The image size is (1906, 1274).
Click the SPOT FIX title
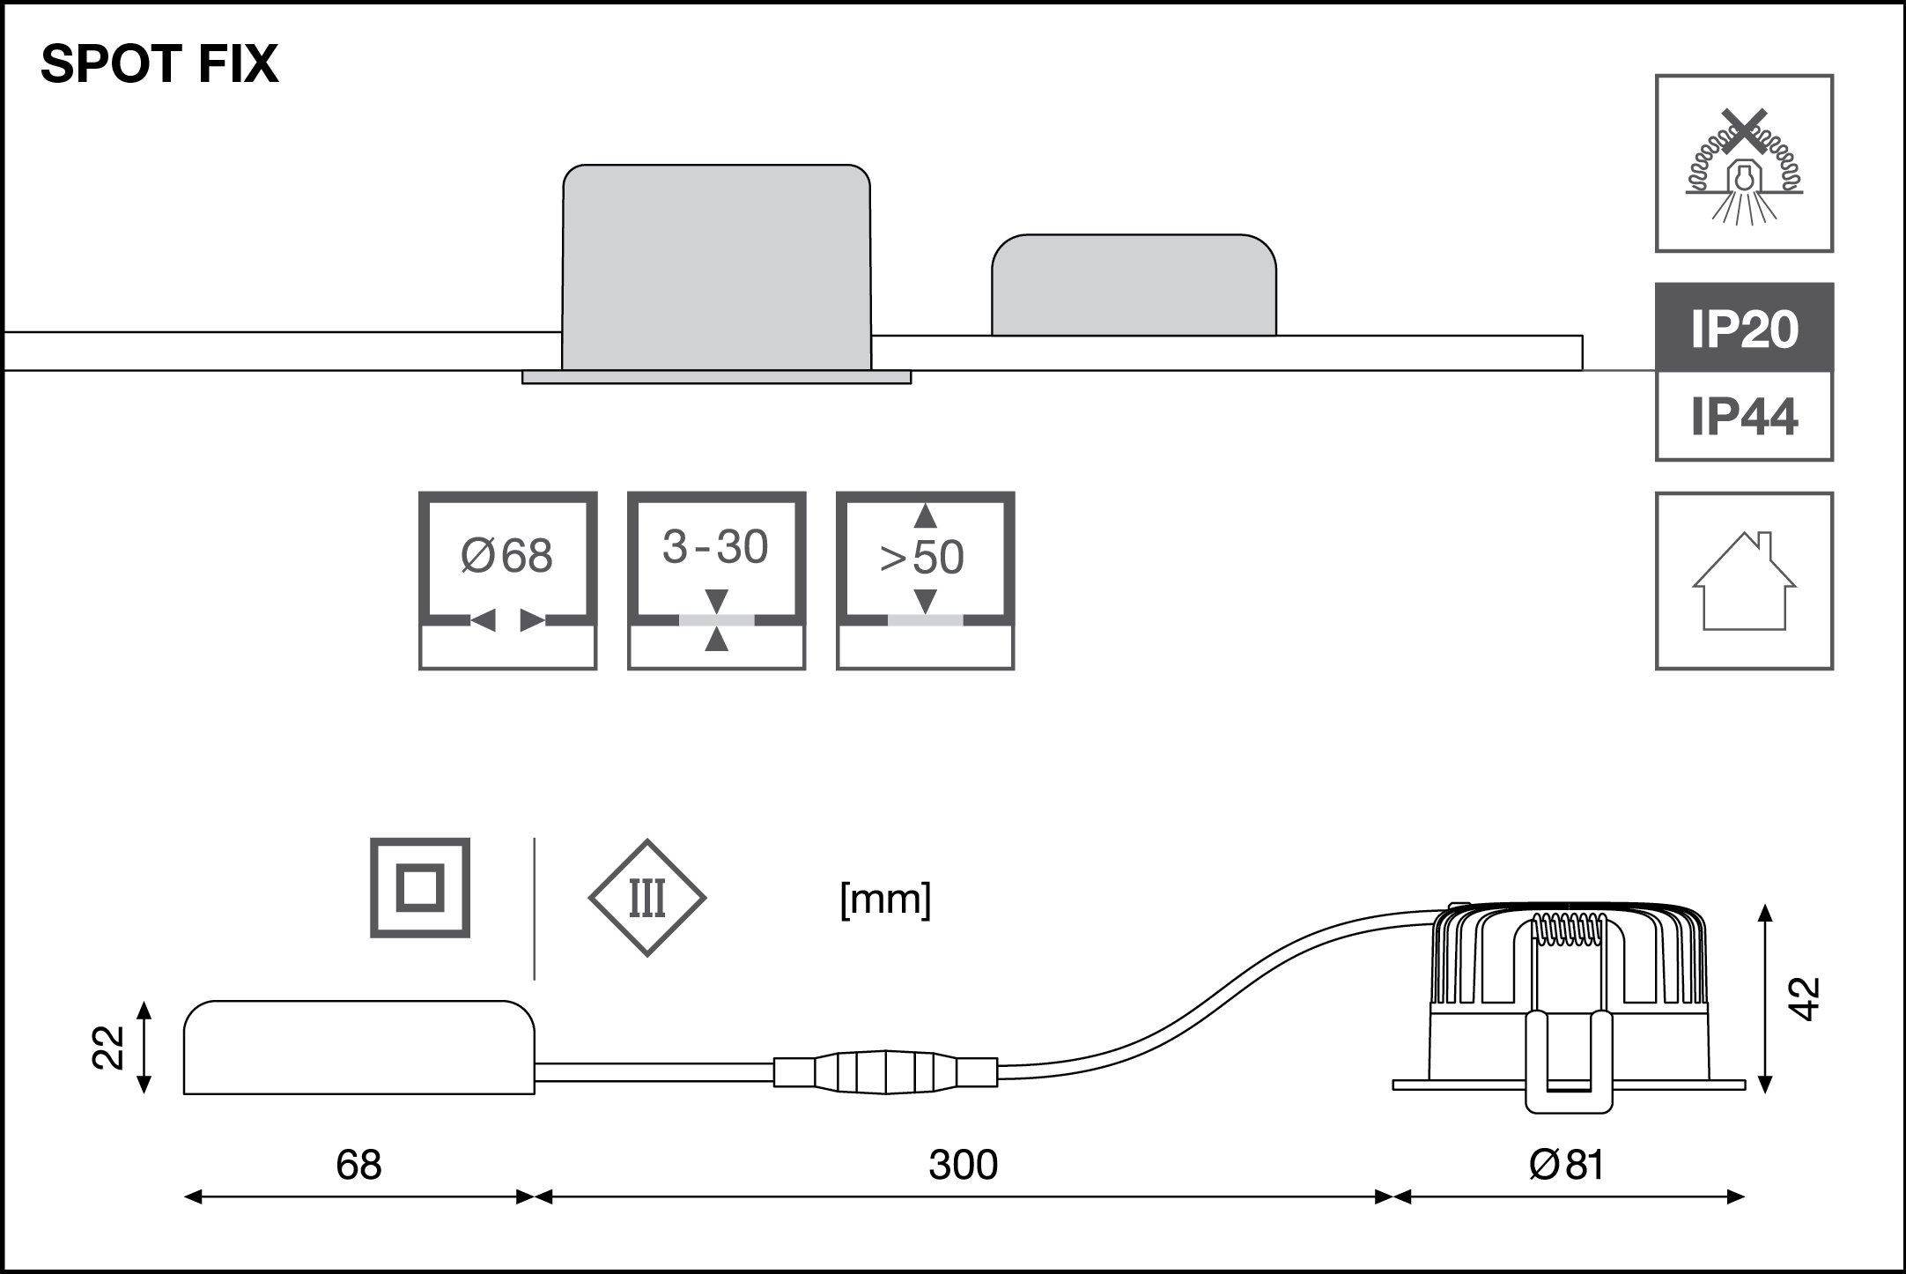159,64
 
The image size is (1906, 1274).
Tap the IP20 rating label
1744,329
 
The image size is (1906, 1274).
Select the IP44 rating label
1744,417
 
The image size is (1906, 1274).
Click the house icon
1744,581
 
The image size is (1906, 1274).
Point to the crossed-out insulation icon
1744,164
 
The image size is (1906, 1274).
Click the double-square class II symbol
419,887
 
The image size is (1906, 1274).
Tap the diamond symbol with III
647,898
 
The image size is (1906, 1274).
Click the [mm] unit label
885,900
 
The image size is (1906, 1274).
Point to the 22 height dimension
107,1047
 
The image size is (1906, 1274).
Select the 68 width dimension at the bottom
358,1165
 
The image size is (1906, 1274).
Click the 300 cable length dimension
963,1165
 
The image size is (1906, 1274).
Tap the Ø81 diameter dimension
1567,1165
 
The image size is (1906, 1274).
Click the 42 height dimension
1805,998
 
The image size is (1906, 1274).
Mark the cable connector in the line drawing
885,1072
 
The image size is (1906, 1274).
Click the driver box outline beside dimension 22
358,1048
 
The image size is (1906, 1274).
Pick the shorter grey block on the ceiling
1134,285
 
